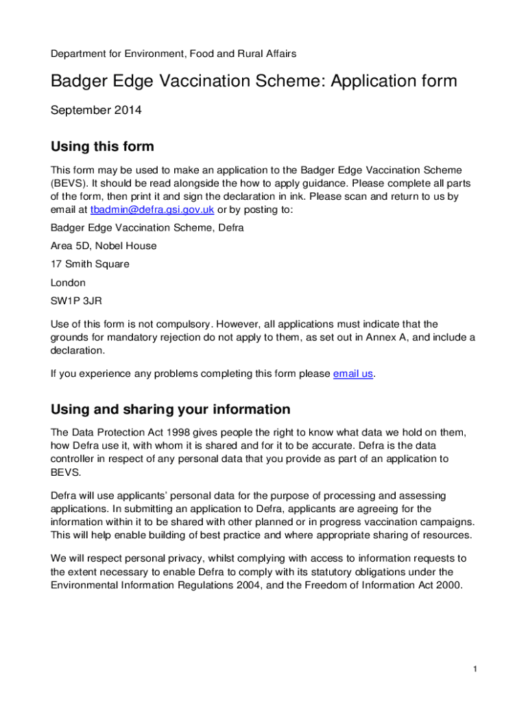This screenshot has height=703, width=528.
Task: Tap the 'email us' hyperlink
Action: coord(354,373)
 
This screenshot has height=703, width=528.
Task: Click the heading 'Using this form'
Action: coord(102,146)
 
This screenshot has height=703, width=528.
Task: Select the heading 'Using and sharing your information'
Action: coord(171,410)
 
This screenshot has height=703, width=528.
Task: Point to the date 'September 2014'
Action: coord(96,110)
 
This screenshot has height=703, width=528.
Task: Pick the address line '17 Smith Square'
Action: coord(90,264)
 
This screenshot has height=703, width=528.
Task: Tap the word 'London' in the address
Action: coord(69,282)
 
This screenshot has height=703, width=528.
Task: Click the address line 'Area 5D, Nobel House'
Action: coord(104,246)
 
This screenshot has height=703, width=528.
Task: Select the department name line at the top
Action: coord(173,53)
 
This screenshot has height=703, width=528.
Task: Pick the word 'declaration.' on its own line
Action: coord(78,350)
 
